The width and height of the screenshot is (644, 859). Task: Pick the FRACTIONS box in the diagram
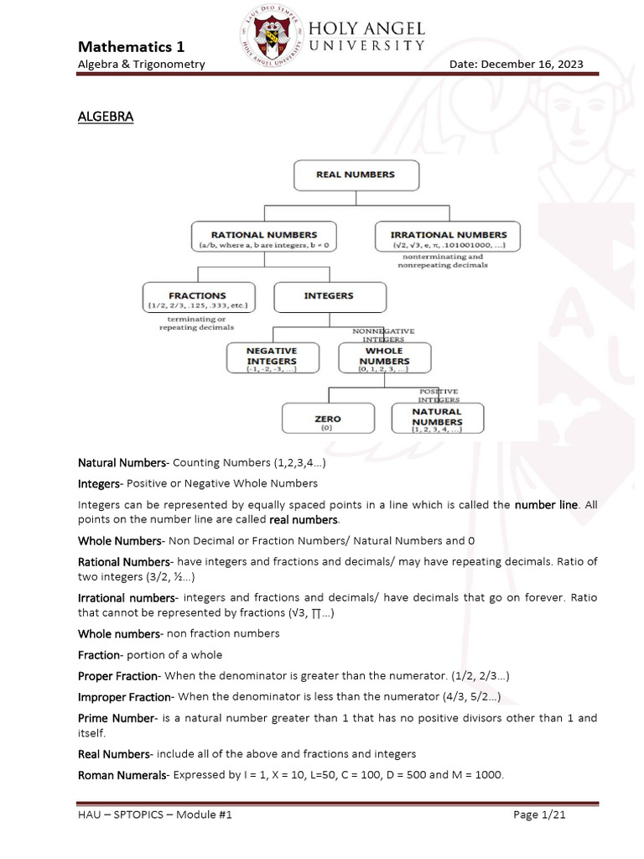click(198, 299)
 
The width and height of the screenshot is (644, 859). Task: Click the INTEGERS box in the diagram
click(330, 296)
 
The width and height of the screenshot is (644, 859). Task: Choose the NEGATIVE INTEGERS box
click(271, 357)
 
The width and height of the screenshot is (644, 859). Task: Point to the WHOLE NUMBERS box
click(384, 357)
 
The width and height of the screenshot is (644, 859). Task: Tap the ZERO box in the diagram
click(327, 419)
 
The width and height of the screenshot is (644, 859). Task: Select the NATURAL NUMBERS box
click(437, 419)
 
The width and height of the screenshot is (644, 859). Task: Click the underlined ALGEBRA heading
click(106, 117)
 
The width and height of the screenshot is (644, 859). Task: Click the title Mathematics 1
click(132, 46)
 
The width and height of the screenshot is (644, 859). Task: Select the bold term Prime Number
click(117, 718)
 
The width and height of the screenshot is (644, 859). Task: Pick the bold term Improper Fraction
click(125, 697)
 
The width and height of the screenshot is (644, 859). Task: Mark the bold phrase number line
click(546, 505)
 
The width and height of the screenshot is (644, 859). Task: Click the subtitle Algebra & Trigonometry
click(142, 65)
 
